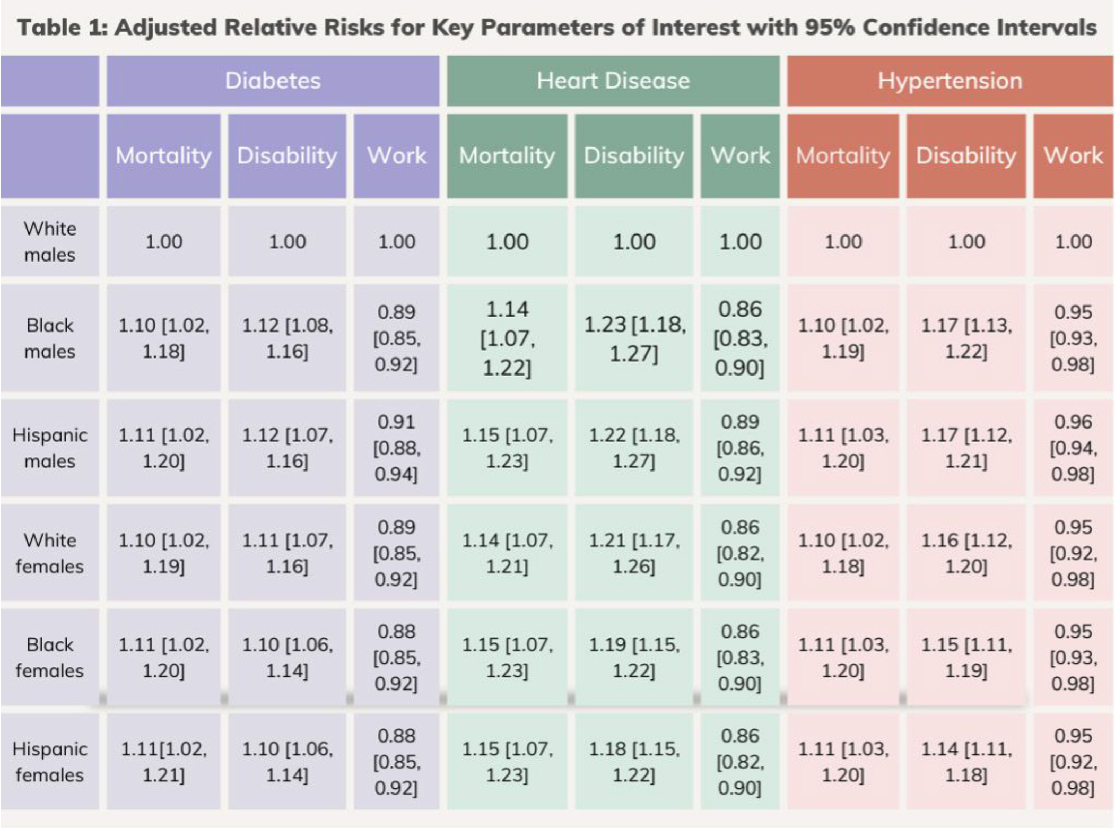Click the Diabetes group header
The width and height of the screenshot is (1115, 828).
pyautogui.click(x=273, y=81)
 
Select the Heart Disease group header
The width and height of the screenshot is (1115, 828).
pyautogui.click(x=613, y=81)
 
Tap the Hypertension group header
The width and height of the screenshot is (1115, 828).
pyautogui.click(x=950, y=81)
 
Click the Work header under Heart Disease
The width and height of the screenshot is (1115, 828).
pyautogui.click(x=740, y=155)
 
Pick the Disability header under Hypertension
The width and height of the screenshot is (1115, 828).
pyautogui.click(x=966, y=155)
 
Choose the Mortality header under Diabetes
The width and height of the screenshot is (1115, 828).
pyautogui.click(x=163, y=155)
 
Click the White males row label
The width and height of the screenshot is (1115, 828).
pyautogui.click(x=49, y=241)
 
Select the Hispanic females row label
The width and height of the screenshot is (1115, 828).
pyautogui.click(x=49, y=761)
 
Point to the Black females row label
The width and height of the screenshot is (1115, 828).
pyautogui.click(x=49, y=657)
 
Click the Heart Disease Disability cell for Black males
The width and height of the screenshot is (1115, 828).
pyautogui.click(x=634, y=338)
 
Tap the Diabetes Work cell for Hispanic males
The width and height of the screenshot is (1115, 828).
pyautogui.click(x=396, y=448)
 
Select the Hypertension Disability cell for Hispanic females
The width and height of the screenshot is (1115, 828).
pyautogui.click(x=966, y=761)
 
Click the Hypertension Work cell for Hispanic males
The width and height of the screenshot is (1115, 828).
pyautogui.click(x=1073, y=448)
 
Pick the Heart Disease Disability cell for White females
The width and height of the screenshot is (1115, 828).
pyautogui.click(x=634, y=553)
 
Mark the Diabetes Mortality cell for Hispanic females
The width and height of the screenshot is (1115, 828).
pyautogui.click(x=163, y=761)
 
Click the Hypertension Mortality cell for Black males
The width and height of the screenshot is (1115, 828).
pyautogui.click(x=843, y=338)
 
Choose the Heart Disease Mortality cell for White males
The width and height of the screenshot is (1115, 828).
pyautogui.click(x=507, y=241)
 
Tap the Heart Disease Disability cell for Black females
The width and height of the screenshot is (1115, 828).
pyautogui.click(x=634, y=657)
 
